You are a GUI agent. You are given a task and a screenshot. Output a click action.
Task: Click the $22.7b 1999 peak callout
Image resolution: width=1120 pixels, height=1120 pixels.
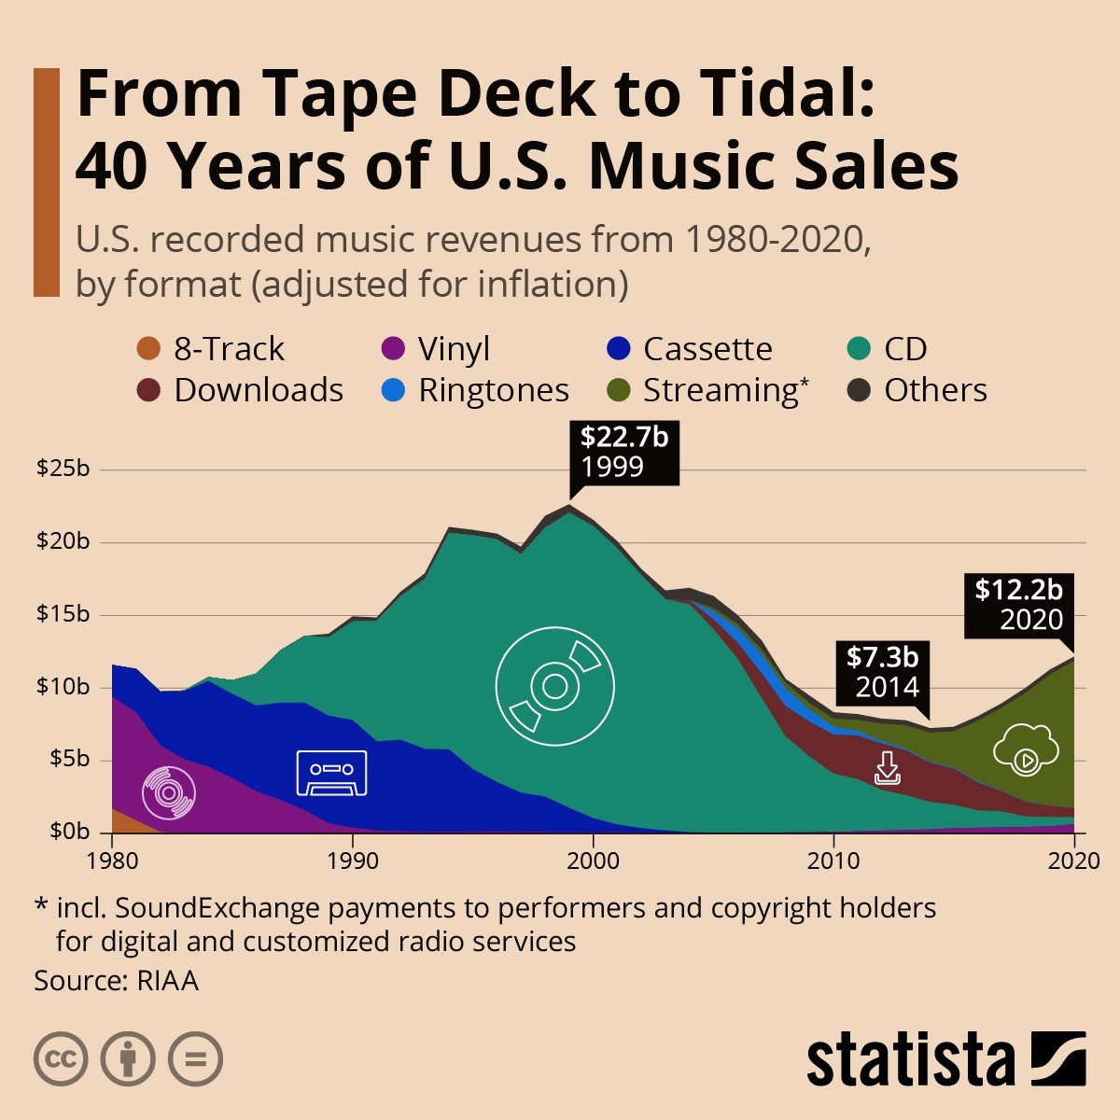click(624, 452)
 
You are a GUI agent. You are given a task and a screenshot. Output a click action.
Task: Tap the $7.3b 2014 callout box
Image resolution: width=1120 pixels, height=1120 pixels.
click(883, 672)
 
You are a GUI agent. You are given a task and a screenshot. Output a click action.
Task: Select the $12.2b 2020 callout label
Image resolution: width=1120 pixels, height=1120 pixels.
click(1018, 605)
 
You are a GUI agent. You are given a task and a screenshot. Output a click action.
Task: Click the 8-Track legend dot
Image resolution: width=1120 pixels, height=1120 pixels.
click(148, 349)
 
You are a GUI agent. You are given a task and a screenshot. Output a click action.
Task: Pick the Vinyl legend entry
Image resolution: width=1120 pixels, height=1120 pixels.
click(435, 349)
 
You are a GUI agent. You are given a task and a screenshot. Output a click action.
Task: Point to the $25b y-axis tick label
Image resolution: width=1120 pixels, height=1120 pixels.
click(63, 469)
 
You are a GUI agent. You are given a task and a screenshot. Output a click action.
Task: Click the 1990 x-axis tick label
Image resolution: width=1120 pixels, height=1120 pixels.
click(353, 860)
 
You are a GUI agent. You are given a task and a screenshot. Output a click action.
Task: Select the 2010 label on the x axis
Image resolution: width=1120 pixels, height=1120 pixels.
click(833, 860)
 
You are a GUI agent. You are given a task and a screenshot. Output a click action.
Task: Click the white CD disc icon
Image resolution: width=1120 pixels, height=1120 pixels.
click(555, 686)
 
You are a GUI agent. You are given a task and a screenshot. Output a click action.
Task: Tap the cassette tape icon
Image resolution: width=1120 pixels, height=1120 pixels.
click(331, 773)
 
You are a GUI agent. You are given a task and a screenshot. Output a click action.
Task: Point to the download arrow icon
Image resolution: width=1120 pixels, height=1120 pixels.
click(887, 768)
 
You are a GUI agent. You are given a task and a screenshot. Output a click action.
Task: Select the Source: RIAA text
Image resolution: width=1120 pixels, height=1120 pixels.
click(117, 981)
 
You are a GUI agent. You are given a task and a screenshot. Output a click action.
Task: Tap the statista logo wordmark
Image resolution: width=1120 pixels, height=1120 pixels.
click(910, 1060)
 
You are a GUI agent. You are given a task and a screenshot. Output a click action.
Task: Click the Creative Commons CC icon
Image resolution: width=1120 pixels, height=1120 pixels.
click(61, 1059)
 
